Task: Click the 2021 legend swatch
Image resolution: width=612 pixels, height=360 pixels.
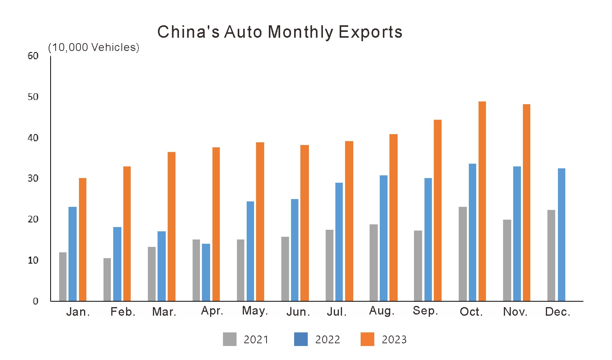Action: coord(230,339)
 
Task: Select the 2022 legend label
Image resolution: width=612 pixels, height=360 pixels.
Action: coord(328,339)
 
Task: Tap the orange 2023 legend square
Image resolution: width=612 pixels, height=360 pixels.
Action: coord(367,339)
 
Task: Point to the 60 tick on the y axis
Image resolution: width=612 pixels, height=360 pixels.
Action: coord(33,56)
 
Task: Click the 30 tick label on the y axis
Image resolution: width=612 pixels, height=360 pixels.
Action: coord(33,178)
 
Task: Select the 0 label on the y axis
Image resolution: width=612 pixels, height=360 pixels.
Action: coord(35,301)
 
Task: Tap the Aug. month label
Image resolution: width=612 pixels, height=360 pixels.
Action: coord(382,311)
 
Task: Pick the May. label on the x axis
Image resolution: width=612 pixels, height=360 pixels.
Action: coord(255,311)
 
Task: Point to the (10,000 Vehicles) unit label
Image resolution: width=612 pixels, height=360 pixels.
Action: coord(93,47)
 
